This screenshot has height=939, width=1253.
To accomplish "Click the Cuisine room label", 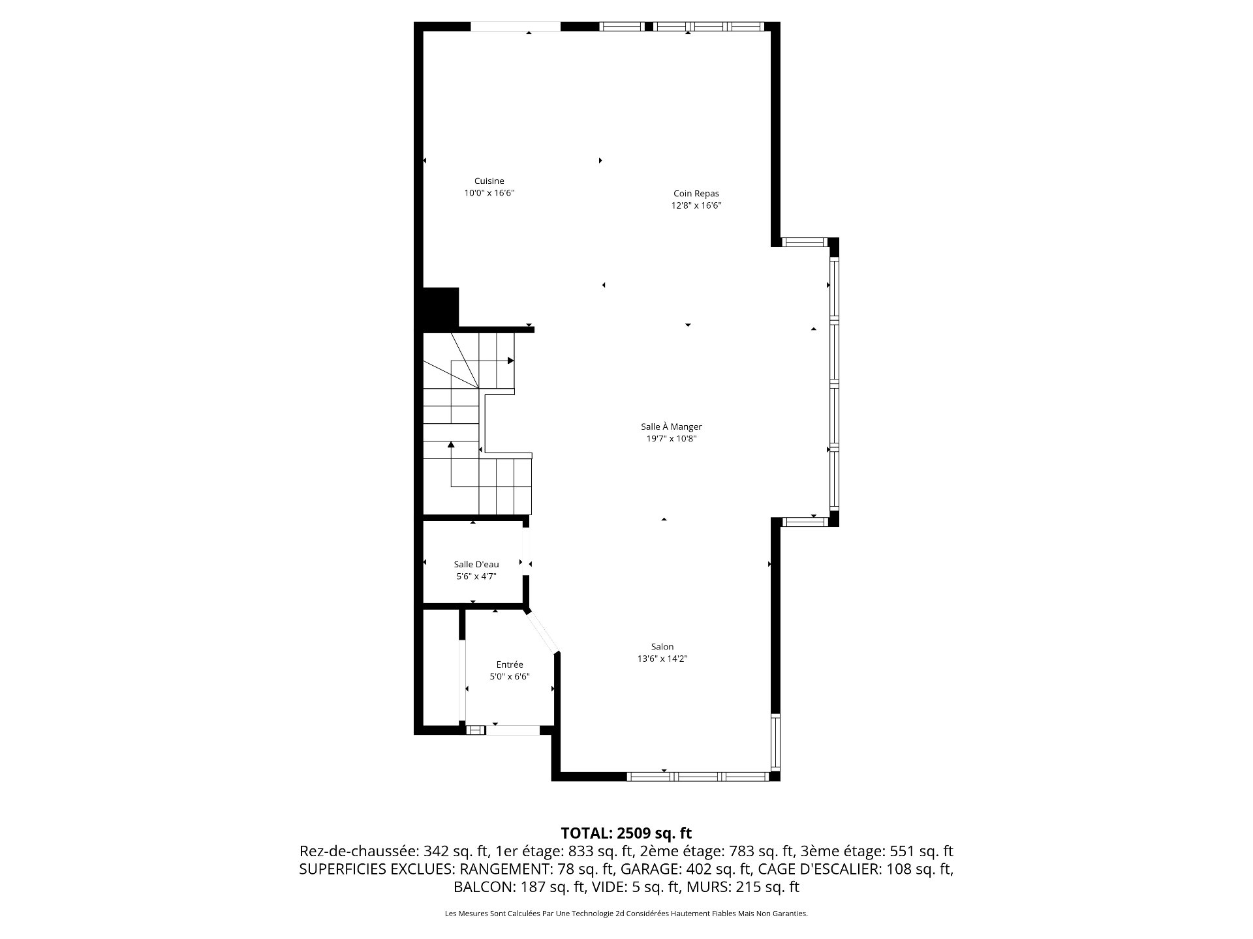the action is tap(489, 181).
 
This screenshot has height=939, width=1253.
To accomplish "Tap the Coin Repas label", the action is tap(696, 194).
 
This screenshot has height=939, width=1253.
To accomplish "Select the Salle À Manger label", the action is tap(672, 427).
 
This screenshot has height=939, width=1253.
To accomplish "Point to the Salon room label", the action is tap(662, 647).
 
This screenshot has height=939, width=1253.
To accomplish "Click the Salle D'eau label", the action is tap(476, 565).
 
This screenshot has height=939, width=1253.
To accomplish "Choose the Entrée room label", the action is tap(510, 664).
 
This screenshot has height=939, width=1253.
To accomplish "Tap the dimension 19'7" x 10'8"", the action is tap(672, 439).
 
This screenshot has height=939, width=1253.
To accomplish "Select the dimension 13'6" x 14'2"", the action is tap(662, 659).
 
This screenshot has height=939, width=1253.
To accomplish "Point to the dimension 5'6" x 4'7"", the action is tap(476, 576).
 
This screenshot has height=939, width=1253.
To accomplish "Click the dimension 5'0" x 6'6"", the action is tap(510, 677).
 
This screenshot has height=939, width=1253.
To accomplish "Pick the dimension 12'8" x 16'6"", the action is tap(696, 205).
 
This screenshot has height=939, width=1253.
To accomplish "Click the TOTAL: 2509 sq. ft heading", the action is tap(626, 833).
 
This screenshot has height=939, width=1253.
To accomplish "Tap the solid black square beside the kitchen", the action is tap(441, 306).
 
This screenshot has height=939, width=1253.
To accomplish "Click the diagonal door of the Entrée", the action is tap(543, 632).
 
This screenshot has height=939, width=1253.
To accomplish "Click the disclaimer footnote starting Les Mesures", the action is tap(626, 914).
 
